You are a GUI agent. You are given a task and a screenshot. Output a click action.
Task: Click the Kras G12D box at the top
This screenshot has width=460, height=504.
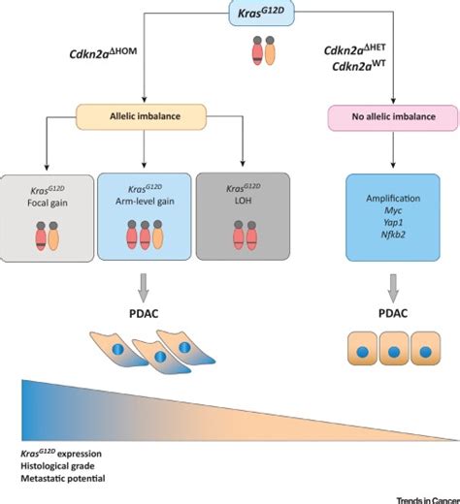click(x=262, y=13)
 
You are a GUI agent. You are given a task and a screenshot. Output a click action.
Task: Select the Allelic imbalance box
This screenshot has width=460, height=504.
click(x=141, y=116)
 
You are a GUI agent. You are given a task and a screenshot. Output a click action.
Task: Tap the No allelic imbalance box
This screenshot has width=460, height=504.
click(x=393, y=117)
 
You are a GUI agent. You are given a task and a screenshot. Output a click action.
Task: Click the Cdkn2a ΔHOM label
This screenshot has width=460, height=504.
click(x=103, y=53)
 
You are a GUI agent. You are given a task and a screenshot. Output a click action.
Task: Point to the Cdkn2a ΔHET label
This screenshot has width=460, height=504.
click(x=355, y=49)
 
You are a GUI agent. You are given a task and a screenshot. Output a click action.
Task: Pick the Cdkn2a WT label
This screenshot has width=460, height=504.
click(x=359, y=66)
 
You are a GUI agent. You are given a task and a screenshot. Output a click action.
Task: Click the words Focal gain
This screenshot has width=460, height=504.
click(x=48, y=204)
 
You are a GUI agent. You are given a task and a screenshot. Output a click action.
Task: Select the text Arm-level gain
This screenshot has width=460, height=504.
click(x=145, y=202)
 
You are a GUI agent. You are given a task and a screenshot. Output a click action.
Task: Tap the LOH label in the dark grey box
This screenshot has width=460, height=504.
click(x=243, y=201)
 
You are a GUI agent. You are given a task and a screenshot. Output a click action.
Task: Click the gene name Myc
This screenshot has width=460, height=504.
click(x=393, y=210)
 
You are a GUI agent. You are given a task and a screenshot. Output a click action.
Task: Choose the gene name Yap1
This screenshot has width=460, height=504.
click(x=393, y=223)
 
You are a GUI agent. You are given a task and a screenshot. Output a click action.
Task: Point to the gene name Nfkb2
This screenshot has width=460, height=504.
click(x=393, y=235)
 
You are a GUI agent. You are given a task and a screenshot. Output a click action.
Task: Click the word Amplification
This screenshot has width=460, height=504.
click(x=393, y=199)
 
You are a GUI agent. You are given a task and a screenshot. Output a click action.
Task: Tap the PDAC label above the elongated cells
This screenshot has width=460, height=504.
click(x=144, y=314)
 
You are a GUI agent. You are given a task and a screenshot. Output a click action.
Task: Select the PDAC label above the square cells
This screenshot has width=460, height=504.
click(x=393, y=313)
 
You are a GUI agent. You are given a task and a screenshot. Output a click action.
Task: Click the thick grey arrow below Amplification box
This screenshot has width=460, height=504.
click(x=393, y=288)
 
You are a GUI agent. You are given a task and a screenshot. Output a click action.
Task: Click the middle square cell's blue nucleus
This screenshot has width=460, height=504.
click(x=393, y=352)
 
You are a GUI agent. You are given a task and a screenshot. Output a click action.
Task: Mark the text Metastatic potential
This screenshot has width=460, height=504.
click(x=63, y=479)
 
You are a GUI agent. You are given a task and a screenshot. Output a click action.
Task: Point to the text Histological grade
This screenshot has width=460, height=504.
click(x=57, y=466)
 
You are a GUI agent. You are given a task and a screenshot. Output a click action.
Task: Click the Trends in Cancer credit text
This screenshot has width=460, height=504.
click(x=428, y=500)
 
